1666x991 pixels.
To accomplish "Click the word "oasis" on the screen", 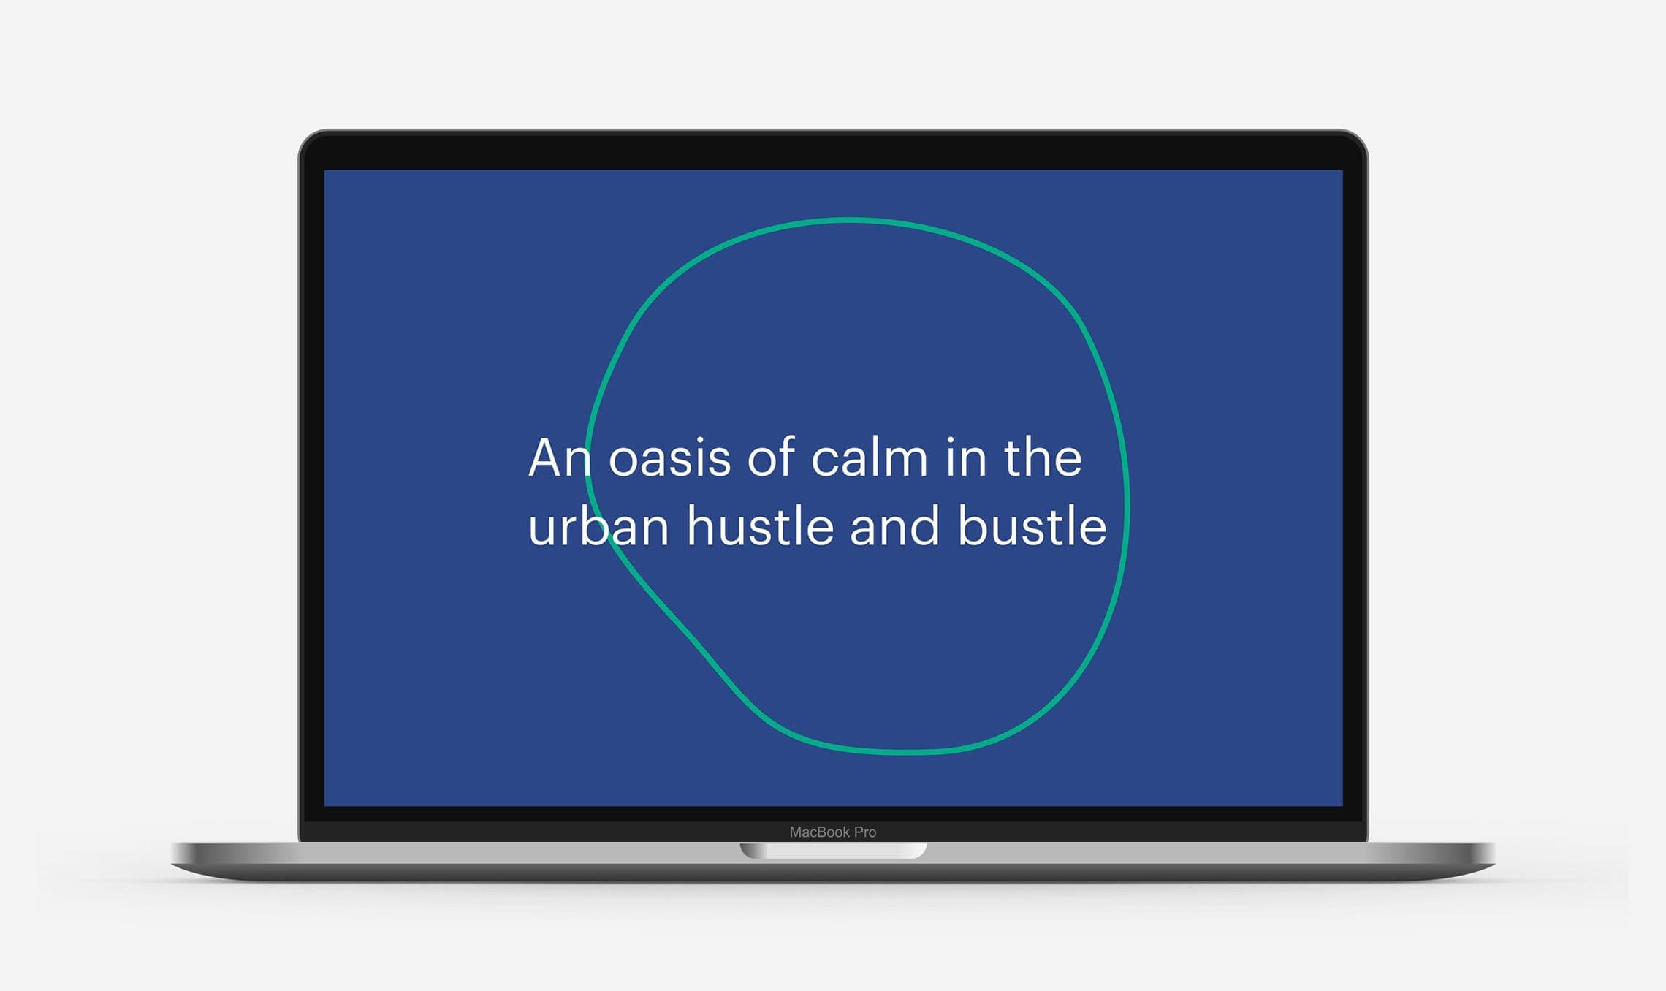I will tap(669, 460).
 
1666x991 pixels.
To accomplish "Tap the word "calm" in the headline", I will tap(870, 458).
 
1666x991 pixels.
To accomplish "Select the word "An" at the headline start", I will tap(559, 458).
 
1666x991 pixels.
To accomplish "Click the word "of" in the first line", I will tap(771, 458).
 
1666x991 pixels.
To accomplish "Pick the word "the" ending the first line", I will tap(1043, 458).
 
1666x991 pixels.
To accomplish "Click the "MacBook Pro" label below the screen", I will tap(833, 832).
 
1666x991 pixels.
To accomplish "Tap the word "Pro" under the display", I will tap(865, 832).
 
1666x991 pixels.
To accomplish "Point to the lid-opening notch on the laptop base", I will tap(833, 851).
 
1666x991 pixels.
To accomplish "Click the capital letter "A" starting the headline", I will tap(544, 458).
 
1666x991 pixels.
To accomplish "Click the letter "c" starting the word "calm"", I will tap(826, 461).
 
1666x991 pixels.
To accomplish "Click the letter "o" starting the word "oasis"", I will tap(623, 461).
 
